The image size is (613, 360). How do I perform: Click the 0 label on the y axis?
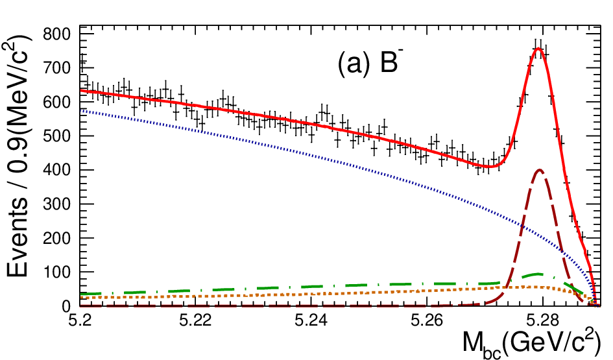tap(66, 306)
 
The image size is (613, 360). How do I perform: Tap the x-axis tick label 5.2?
tap(80, 321)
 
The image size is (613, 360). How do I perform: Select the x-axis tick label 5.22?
tap(195, 321)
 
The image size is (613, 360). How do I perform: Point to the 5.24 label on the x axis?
tap(311, 321)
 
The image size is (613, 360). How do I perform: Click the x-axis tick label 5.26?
tap(427, 321)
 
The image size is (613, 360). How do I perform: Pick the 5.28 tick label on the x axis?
tap(543, 321)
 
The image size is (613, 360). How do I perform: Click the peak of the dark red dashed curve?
tap(540, 170)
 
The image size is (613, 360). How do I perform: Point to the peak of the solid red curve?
tap(538, 49)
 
